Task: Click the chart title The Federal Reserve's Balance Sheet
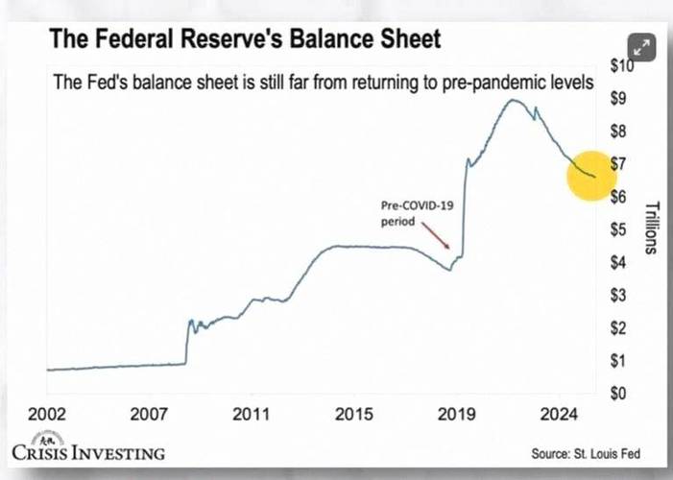(x=245, y=39)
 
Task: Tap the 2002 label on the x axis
(x=46, y=415)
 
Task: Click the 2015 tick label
(x=354, y=415)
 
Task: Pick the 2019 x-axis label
(x=458, y=415)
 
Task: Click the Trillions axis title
(x=650, y=228)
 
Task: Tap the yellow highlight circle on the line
(x=597, y=173)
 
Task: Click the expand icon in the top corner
(x=640, y=46)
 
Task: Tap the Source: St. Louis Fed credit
(x=586, y=452)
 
